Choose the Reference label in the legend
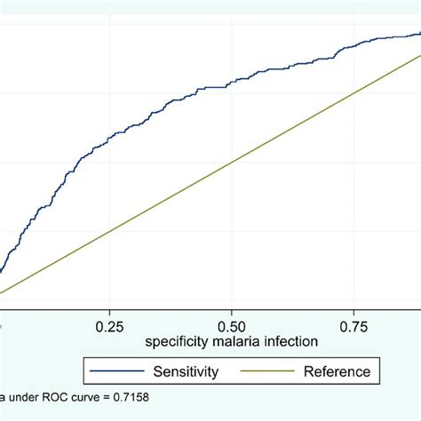(337, 370)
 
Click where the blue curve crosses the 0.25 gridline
(110, 138)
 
